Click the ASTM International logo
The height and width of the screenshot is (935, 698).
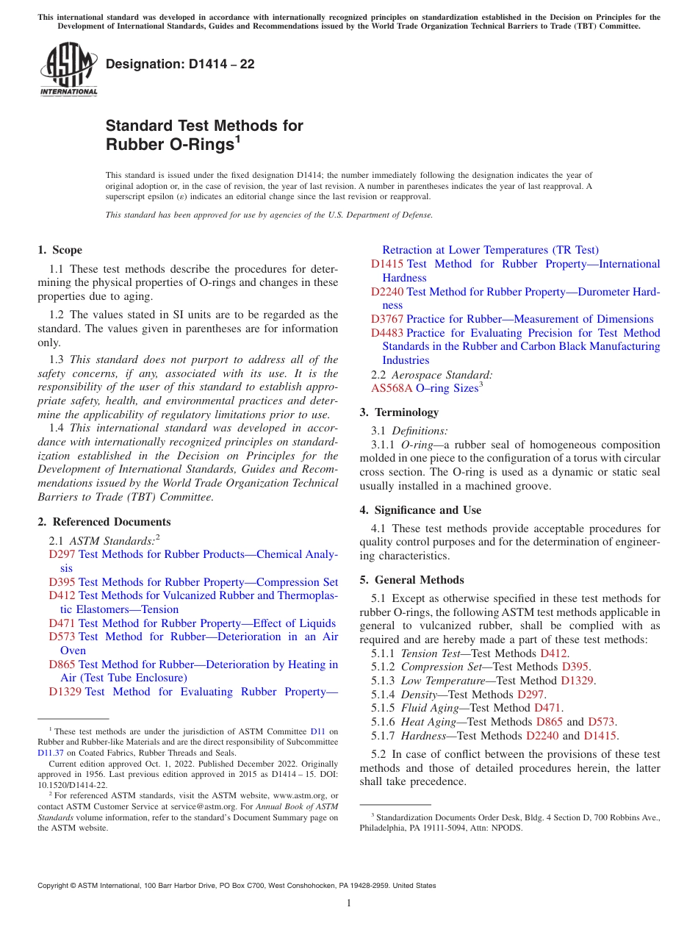68,71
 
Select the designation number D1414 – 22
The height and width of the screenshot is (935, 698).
180,64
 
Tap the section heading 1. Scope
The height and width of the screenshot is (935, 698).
60,250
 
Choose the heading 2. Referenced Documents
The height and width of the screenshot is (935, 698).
104,522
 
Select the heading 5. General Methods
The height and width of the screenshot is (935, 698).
411,580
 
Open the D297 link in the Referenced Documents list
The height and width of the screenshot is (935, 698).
62,554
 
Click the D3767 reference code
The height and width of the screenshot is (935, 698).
387,319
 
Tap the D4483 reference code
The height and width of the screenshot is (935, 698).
387,333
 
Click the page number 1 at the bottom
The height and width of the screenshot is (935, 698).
349,903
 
